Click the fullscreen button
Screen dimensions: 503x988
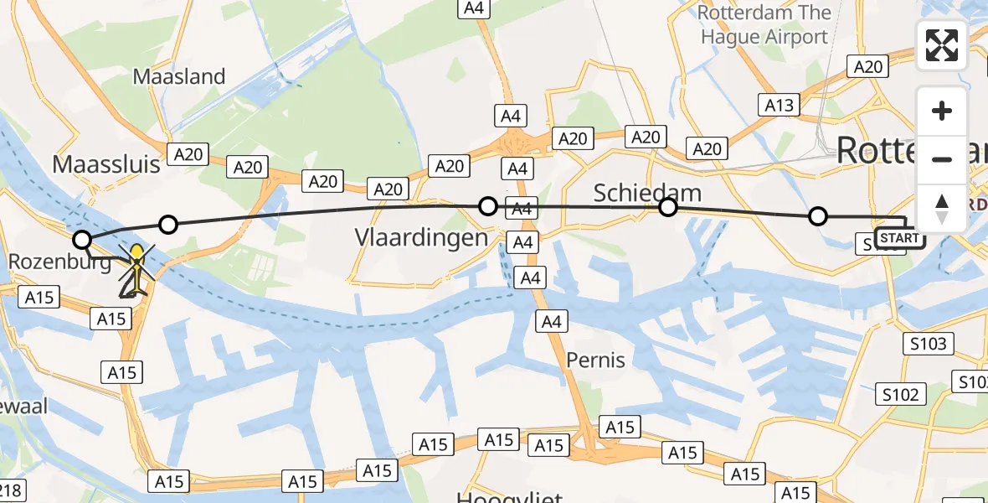[x=942, y=45]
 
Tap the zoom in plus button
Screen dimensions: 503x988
[x=942, y=111]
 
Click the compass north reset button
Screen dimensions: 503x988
[x=942, y=209]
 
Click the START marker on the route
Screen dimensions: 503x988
[x=900, y=239]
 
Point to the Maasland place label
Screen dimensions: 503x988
[x=179, y=77]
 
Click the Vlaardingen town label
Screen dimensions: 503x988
[x=421, y=237]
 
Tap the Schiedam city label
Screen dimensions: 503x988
[x=647, y=194]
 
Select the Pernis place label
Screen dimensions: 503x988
[x=595, y=360]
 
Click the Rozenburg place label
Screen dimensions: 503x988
[x=59, y=262]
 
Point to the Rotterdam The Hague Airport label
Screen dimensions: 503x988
[x=764, y=25]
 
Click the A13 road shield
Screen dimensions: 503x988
[x=779, y=105]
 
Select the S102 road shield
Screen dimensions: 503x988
[x=900, y=395]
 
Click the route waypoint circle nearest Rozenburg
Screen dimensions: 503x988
[x=82, y=241]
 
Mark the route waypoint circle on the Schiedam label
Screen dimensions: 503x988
[x=667, y=207]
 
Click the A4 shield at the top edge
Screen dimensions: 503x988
[x=473, y=8]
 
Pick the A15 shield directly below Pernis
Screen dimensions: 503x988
[x=620, y=427]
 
